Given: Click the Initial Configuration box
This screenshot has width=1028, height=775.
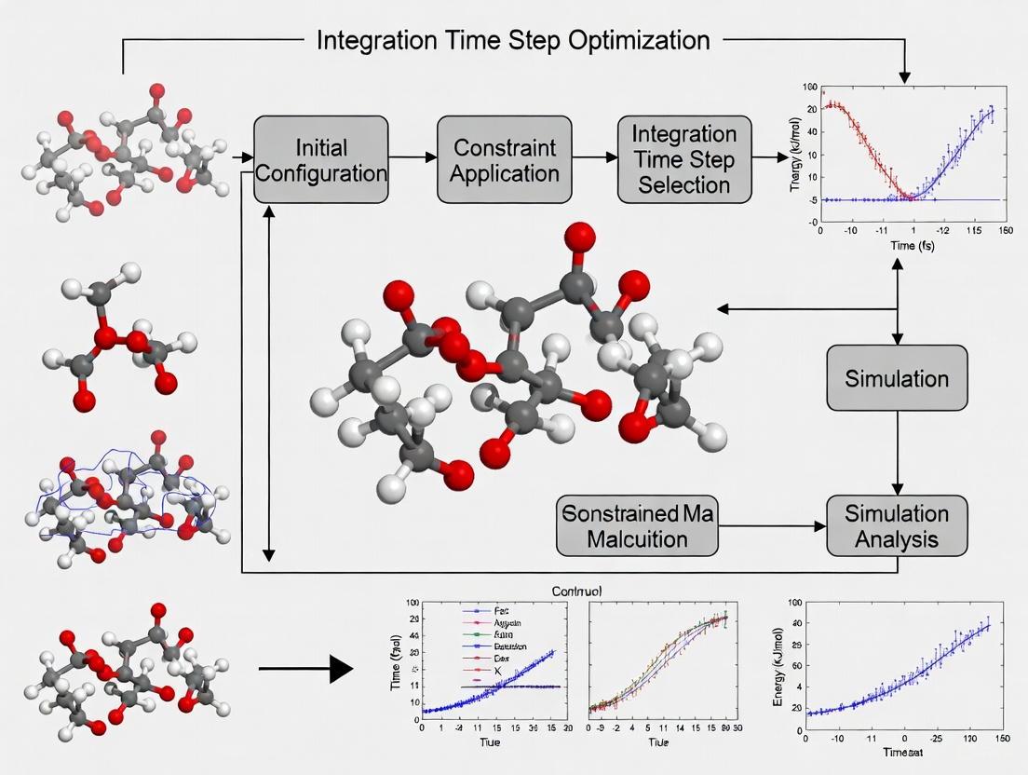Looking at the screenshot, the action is (320, 160).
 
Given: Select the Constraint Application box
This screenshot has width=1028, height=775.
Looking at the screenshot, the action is (504, 160).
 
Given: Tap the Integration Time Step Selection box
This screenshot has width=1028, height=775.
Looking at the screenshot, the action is (683, 160).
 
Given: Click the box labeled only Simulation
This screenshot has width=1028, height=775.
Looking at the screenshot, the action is (897, 378).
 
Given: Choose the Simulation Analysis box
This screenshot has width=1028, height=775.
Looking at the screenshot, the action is (897, 526).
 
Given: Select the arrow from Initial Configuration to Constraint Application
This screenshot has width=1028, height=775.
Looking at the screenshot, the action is (413, 159).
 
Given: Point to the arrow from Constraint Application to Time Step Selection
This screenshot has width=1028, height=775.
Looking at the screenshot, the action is (594, 159).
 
